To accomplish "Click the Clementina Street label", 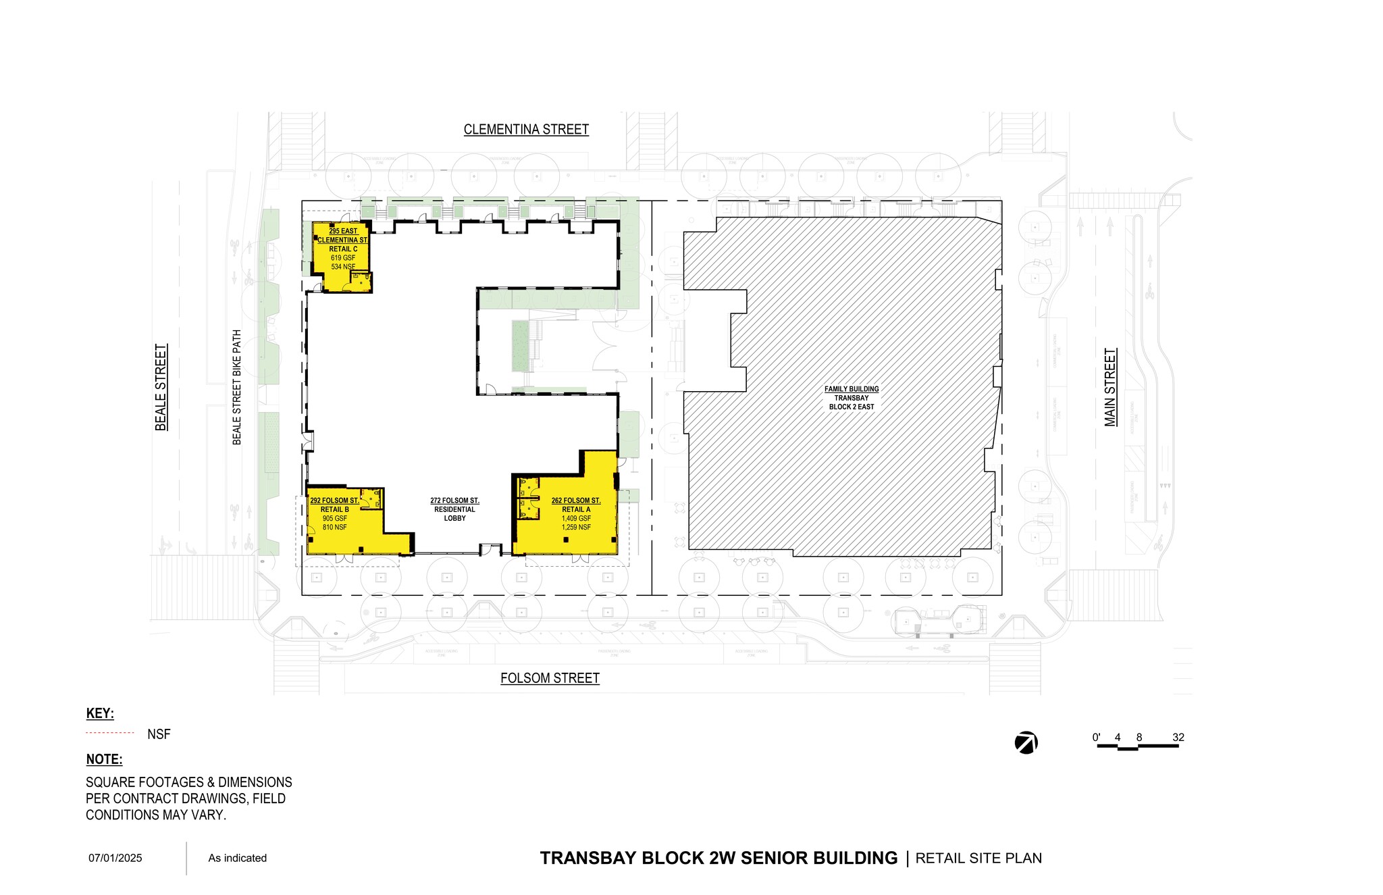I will coord(526,129).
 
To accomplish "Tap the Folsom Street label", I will coord(550,677).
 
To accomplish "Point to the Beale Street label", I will coord(161,387).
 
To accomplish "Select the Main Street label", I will coord(1110,387).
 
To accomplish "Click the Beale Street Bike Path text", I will coord(237,387).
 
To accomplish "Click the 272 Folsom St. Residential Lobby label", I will coord(454,509).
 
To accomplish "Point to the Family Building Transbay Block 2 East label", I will coord(852,398).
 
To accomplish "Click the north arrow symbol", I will coord(1026,742).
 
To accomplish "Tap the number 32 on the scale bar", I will coord(1178,737).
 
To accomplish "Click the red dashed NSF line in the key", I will coord(110,733).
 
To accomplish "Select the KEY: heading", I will coord(100,713).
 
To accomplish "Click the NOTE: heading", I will coord(104,759).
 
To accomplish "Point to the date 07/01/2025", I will coord(115,858).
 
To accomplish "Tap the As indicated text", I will coord(237,858).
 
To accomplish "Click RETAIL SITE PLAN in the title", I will coord(978,858).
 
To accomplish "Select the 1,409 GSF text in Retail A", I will coord(576,518).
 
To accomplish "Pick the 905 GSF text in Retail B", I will coord(334,518).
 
